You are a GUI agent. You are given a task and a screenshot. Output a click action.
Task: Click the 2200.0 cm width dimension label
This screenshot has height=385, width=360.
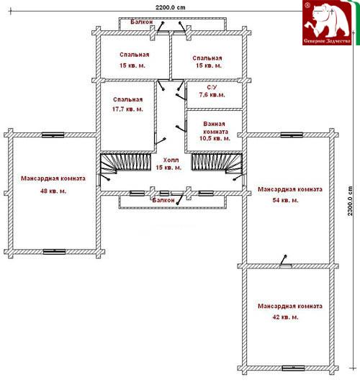pyautogui.click(x=171, y=7)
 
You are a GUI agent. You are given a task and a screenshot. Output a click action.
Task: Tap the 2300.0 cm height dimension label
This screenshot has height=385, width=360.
pyautogui.click(x=350, y=201)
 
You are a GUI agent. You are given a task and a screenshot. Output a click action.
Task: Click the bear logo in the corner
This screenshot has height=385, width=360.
pyautogui.click(x=328, y=22)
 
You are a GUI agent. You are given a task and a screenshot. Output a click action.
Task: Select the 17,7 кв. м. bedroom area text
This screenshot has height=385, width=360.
pyautogui.click(x=127, y=109)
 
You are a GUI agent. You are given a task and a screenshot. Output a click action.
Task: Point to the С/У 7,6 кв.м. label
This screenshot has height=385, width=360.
pyautogui.click(x=212, y=91)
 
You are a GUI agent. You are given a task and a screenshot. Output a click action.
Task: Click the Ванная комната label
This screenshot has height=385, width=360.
pyautogui.click(x=215, y=127)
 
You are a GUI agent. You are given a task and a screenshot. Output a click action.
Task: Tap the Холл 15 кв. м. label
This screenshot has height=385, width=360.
pyautogui.click(x=168, y=164)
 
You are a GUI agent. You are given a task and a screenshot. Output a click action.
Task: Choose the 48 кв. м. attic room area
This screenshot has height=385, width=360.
pyautogui.click(x=53, y=191)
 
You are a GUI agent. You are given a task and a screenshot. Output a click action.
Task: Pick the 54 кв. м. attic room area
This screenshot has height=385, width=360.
pyautogui.click(x=286, y=200)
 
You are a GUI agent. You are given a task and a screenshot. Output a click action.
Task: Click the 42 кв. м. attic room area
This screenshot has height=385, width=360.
pyautogui.click(x=286, y=317)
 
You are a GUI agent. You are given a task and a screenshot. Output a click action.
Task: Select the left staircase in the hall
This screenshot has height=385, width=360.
pyautogui.click(x=125, y=163)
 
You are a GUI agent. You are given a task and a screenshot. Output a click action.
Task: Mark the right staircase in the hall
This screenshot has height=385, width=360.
pyautogui.click(x=217, y=163)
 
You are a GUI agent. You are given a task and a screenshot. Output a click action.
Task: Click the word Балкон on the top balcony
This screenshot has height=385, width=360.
pyautogui.click(x=142, y=22)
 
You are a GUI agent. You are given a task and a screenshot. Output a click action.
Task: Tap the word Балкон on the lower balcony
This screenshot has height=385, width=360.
pyautogui.click(x=163, y=200)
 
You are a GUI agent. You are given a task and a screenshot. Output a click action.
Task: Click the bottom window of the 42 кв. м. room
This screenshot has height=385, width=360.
pyautogui.click(x=293, y=368)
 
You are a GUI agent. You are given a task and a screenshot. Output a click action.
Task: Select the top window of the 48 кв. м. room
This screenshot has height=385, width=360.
pyautogui.click(x=53, y=135)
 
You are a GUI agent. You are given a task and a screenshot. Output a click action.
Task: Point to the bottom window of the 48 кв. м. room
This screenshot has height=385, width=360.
pyautogui.click(x=54, y=252)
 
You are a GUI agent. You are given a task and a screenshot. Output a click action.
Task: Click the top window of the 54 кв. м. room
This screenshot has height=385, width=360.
pyautogui.click(x=292, y=135)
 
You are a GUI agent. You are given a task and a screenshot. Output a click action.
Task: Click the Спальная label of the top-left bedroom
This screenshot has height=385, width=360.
pyautogui.click(x=135, y=55)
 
